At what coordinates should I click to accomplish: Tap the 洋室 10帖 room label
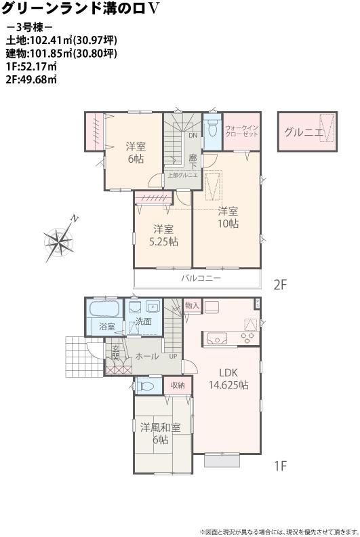pyautogui.click(x=228, y=216)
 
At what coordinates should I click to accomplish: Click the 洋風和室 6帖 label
pyautogui.click(x=161, y=433)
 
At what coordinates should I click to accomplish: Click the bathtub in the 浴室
pyautogui.click(x=104, y=311)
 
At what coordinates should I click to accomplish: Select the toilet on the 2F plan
pyautogui.click(x=212, y=128)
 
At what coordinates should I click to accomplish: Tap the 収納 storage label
pyautogui.click(x=177, y=385)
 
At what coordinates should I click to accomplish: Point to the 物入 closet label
pyautogui.click(x=192, y=306)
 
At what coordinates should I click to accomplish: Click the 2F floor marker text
pyautogui.click(x=281, y=285)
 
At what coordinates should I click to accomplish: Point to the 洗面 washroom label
pyautogui.click(x=142, y=321)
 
